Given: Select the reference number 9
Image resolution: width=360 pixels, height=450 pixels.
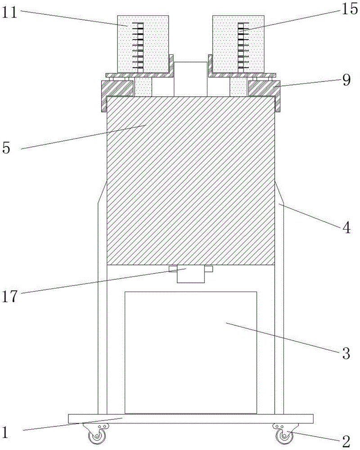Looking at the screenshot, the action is click(346, 81).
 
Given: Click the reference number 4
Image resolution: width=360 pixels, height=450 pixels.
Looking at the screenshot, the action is click(346, 228).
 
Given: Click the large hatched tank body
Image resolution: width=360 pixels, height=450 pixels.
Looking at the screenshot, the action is click(190, 180).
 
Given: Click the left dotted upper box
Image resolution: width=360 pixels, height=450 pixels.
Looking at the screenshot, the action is click(143, 44).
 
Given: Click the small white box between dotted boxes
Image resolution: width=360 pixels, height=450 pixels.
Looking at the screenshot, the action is click(190, 79).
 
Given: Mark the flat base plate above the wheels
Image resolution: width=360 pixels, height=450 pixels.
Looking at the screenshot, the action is click(190, 418).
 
